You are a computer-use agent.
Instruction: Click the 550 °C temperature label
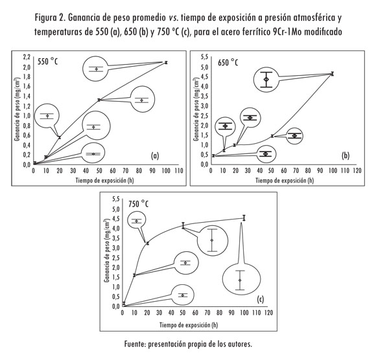point(47,62)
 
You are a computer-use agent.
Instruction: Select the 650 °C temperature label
point(228,63)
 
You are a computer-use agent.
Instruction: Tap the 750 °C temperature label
point(138,204)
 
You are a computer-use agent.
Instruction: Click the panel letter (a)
point(155,156)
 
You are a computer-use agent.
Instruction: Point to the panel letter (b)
point(346,156)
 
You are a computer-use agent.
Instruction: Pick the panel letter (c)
point(260,299)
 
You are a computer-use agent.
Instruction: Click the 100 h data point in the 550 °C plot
point(166,63)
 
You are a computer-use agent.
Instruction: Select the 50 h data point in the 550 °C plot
point(99,100)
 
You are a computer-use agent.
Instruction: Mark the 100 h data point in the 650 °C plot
point(332,74)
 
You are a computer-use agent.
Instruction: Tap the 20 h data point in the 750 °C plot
point(147,243)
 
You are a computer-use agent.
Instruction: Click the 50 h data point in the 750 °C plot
point(183,225)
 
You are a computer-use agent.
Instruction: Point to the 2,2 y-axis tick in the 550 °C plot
point(27,57)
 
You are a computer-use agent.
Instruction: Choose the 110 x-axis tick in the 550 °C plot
point(179,171)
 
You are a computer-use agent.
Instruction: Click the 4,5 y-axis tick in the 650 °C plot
point(204,76)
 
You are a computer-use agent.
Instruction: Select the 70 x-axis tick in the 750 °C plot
point(207,313)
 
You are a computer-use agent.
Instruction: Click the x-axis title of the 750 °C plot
point(189,325)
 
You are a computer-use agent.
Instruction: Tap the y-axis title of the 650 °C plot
point(196,109)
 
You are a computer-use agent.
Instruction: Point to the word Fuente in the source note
point(134,344)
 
